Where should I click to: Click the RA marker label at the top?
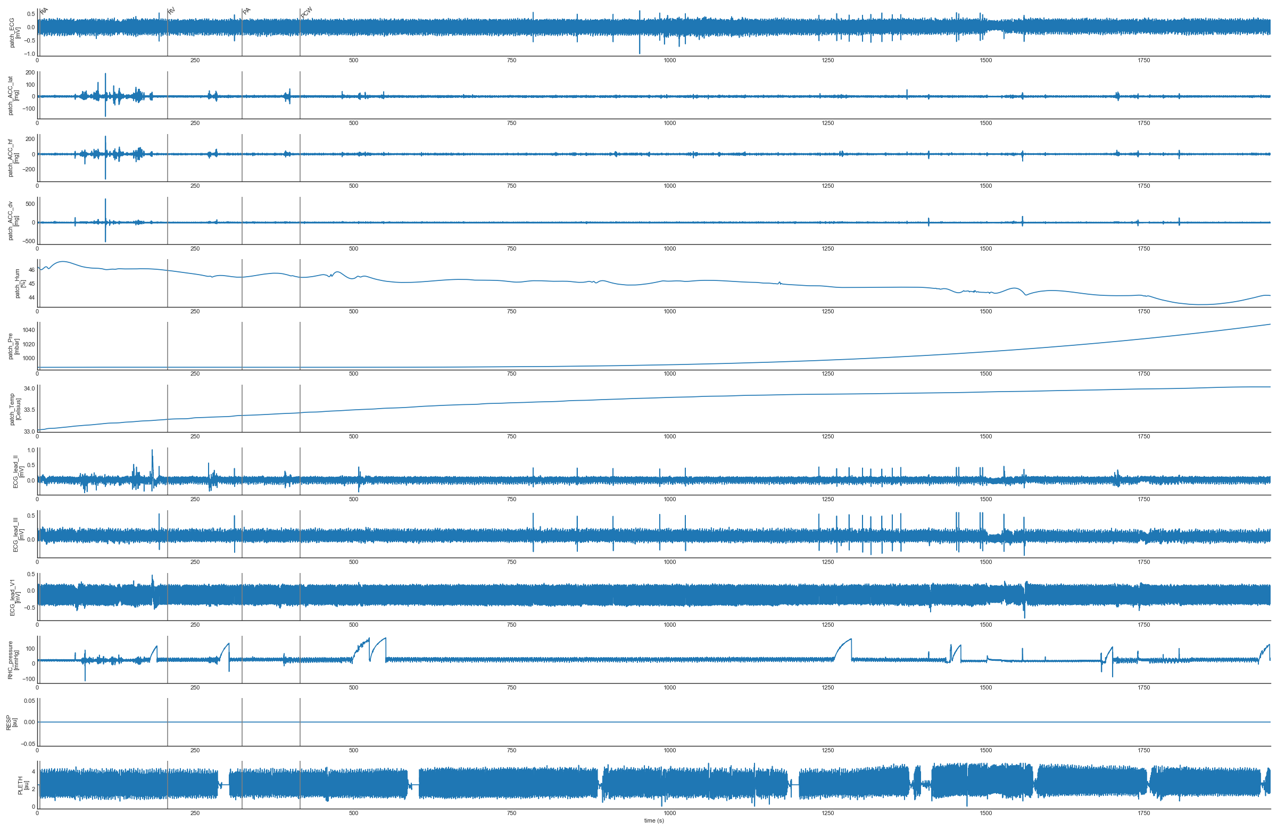(44, 11)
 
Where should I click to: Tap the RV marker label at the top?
(172, 11)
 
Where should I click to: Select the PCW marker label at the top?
(306, 12)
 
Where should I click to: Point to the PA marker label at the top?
(246, 11)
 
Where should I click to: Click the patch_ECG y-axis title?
(15, 32)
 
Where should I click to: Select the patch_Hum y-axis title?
(20, 283)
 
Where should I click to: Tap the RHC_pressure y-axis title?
(13, 660)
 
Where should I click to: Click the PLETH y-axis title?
(23, 785)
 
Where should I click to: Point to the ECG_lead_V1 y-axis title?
(15, 597)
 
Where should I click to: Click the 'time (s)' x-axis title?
(653, 820)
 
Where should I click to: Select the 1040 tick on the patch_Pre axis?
(29, 330)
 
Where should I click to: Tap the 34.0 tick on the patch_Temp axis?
(29, 388)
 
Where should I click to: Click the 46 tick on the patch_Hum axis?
(31, 270)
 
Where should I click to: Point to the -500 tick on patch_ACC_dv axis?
(28, 241)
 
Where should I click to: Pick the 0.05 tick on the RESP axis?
(29, 701)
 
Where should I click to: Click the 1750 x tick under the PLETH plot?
(1143, 813)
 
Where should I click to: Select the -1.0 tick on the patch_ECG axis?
(29, 54)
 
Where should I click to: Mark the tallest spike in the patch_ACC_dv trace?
(105, 200)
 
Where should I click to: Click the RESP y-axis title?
(11, 721)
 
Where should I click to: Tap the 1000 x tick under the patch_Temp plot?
(669, 436)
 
